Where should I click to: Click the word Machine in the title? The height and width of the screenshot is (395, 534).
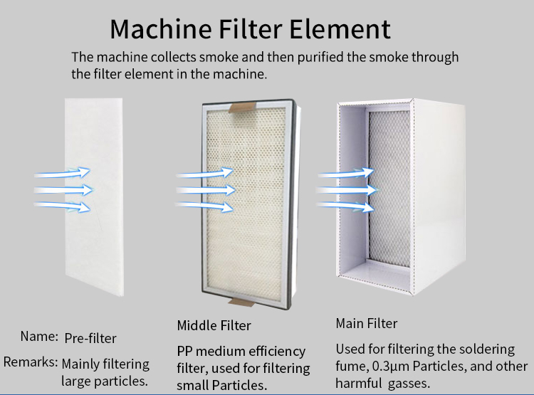coord(161,29)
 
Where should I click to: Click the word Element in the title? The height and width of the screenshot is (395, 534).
coord(340,29)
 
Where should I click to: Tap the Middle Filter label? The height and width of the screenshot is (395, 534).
coord(214,325)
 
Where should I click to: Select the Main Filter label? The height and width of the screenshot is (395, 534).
coord(367,324)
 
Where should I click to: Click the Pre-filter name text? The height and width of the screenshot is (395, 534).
coord(90,338)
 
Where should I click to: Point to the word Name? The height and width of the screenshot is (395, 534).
coord(39,337)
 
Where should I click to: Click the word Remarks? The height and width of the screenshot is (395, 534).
coord(31,362)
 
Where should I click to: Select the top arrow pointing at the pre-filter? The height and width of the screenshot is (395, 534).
coord(63,173)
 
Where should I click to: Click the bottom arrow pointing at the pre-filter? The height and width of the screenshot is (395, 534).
coord(63,206)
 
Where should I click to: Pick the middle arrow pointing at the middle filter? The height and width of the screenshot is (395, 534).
coord(206,189)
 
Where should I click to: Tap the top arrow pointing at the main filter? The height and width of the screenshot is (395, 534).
coord(346,173)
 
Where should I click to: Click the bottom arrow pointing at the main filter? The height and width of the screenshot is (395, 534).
coord(345,206)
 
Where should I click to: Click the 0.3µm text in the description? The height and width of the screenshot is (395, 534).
coord(391,367)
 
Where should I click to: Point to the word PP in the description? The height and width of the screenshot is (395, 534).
coord(184,351)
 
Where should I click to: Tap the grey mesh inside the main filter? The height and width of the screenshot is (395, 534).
coord(389,189)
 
